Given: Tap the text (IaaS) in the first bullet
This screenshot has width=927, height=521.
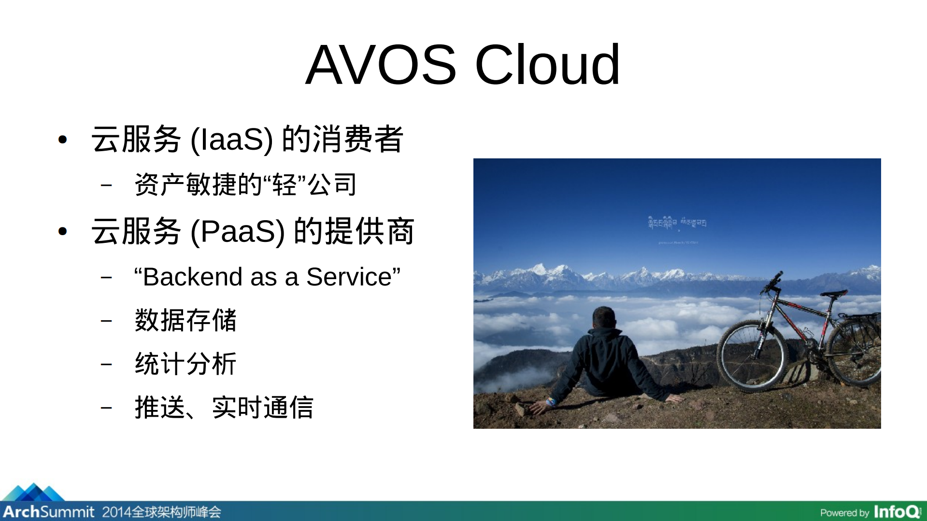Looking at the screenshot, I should pyautogui.click(x=232, y=140).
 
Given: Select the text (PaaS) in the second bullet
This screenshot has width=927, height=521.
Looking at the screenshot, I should pyautogui.click(x=238, y=232).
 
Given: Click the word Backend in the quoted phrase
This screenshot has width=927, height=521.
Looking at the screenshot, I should pyautogui.click(x=196, y=277).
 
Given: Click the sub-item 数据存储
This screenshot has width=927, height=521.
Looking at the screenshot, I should pyautogui.click(x=185, y=320).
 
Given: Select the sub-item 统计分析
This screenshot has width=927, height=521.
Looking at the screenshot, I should pyautogui.click(x=185, y=364).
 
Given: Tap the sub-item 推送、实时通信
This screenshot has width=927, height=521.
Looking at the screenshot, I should pyautogui.click(x=224, y=408).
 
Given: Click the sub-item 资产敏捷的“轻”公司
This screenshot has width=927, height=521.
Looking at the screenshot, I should pyautogui.click(x=245, y=184).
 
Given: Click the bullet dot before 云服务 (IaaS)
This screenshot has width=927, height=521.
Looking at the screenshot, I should pyautogui.click(x=62, y=140).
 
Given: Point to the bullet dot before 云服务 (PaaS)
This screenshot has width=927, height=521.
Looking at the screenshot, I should pyautogui.click(x=62, y=232).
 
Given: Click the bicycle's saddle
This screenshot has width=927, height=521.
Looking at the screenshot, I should pyautogui.click(x=834, y=293).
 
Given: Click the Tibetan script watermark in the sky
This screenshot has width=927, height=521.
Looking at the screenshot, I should pyautogui.click(x=677, y=223).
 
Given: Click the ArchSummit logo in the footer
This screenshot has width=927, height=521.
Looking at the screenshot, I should pyautogui.click(x=48, y=511).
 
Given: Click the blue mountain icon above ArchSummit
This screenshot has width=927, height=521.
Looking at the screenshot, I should pyautogui.click(x=33, y=492).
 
